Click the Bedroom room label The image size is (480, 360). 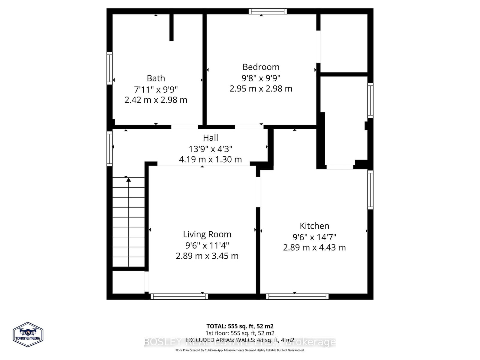pyautogui.click(x=261, y=67)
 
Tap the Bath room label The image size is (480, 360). pyautogui.click(x=156, y=78)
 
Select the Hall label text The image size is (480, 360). pyautogui.click(x=210, y=138)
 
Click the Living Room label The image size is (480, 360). pyautogui.click(x=207, y=234)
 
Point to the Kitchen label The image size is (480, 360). pyautogui.click(x=314, y=226)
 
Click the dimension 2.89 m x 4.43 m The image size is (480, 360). pyautogui.click(x=314, y=247)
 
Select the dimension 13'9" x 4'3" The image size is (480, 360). pyautogui.click(x=210, y=149)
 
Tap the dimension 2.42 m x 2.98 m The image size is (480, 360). pyautogui.click(x=156, y=100)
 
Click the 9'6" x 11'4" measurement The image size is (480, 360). pyautogui.click(x=207, y=245)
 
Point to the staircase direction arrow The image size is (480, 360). pyautogui.click(x=129, y=180)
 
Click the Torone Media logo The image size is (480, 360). pyautogui.click(x=28, y=335)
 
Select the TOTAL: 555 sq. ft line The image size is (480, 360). pyautogui.click(x=240, y=326)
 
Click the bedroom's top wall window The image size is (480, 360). pyautogui.click(x=268, y=11)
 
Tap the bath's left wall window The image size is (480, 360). pyautogui.click(x=110, y=68)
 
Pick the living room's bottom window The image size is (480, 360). pyautogui.click(x=179, y=296)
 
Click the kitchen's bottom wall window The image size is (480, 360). pyautogui.click(x=297, y=296)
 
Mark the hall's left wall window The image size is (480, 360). pyautogui.click(x=110, y=148)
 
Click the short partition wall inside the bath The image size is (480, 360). pyautogui.click(x=171, y=27)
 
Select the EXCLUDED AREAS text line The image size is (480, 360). pyautogui.click(x=240, y=340)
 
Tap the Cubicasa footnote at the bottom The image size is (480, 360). pyautogui.click(x=240, y=350)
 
